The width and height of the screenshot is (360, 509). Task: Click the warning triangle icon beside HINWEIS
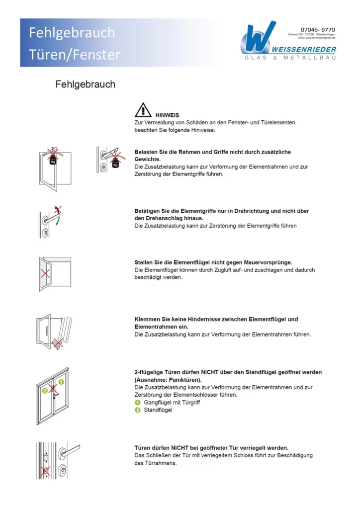coord(143,109)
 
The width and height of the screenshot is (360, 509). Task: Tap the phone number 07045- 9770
coord(318,30)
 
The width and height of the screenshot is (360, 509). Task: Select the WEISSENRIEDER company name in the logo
coord(304,49)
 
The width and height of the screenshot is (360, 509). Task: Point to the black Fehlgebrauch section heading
coord(85,84)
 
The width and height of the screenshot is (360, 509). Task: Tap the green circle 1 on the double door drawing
coord(61,382)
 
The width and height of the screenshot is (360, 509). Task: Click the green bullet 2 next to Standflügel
coord(138,410)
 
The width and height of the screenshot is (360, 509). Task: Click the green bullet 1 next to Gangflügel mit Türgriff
coord(138,402)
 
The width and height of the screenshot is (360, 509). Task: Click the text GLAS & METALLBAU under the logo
coord(290,58)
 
